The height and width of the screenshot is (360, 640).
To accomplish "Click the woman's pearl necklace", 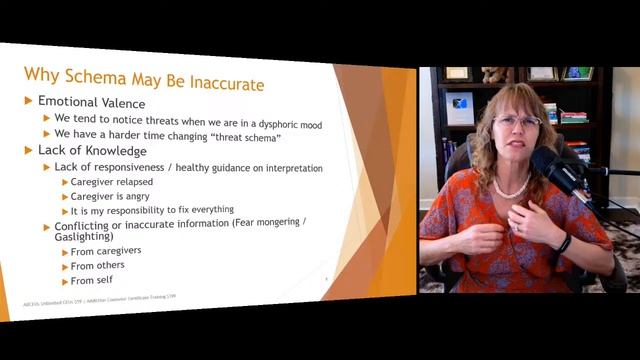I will coord(512,188).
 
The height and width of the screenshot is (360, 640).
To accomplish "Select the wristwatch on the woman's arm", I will coord(565,243).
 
